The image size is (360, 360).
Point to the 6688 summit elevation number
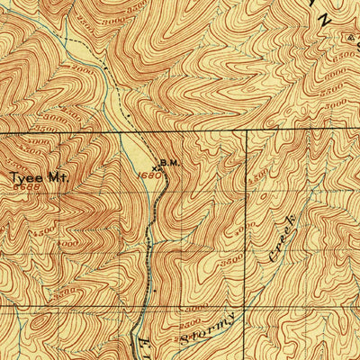coord(25,188)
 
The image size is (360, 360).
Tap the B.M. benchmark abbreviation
coord(171,163)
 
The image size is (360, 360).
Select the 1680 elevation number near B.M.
coord(151,175)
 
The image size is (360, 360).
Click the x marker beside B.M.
coord(157,166)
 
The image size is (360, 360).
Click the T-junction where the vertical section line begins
coord(246,132)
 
